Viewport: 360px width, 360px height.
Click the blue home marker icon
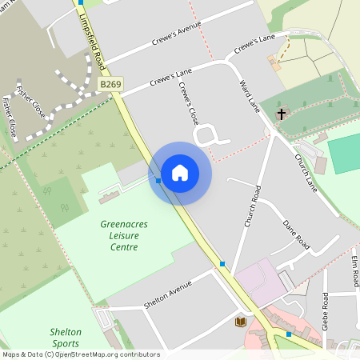click(180, 173)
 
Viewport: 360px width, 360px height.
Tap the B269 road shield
click(111, 83)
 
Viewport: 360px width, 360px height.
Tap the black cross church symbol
click(281, 114)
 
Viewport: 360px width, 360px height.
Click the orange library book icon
click(239, 322)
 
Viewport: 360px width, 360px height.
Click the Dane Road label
click(296, 231)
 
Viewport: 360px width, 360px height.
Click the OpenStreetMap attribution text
click(80, 354)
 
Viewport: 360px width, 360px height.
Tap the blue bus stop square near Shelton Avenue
click(222, 263)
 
